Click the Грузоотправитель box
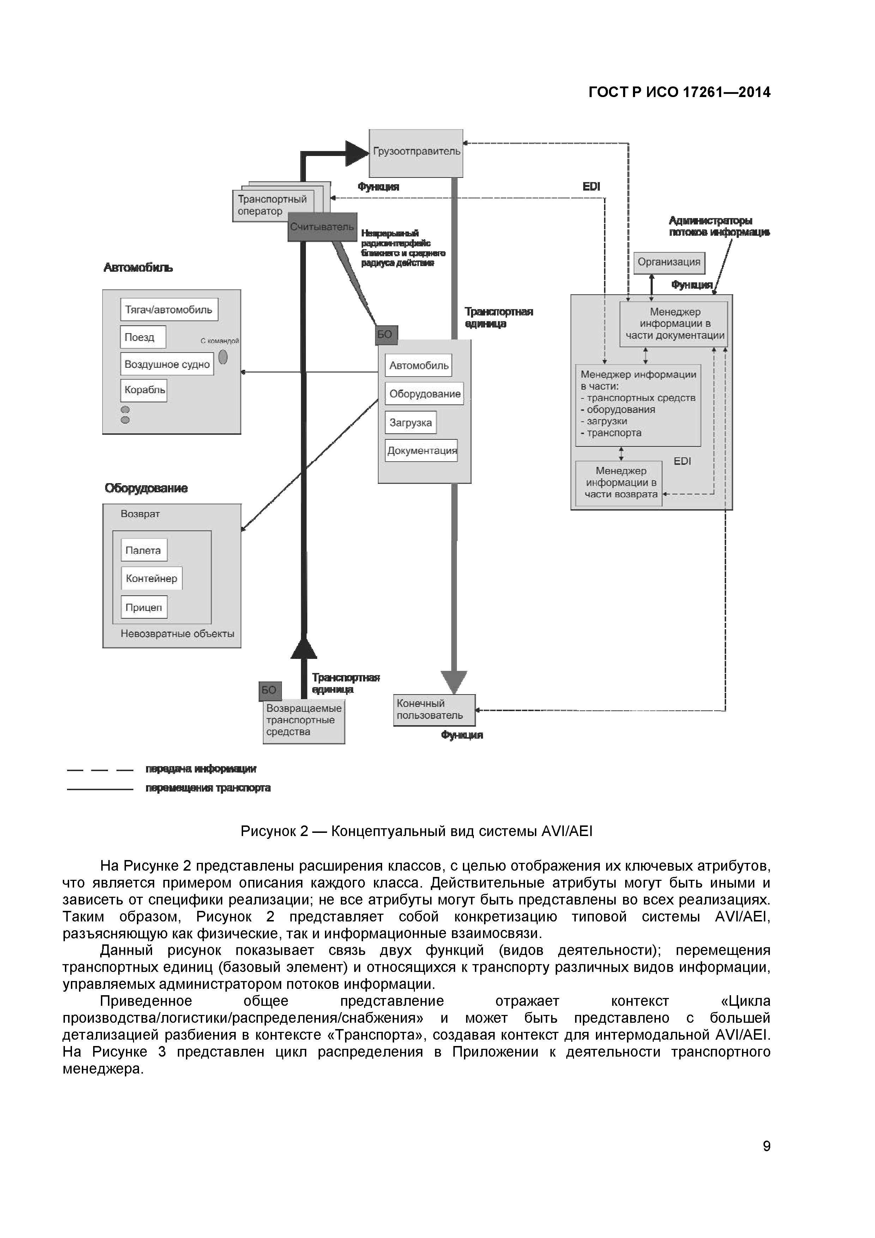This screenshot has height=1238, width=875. coord(416,153)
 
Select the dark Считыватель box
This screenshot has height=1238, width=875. coord(322,227)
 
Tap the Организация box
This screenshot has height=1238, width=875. coord(669,262)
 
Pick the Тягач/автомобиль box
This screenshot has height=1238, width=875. coord(169,309)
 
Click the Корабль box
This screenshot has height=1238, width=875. coord(144,390)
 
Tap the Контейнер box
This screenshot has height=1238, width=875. coord(151,578)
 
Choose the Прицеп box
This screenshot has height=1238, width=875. coord(144,607)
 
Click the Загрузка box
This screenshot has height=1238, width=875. coord(410,423)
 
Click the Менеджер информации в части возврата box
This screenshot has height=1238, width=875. coord(619,483)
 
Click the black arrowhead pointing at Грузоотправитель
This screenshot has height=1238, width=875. coord(356,153)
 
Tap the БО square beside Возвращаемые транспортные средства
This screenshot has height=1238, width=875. coord(269,690)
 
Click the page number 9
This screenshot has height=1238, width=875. coord(766,1146)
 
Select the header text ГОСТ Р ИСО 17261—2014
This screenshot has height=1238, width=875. coord(679,92)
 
